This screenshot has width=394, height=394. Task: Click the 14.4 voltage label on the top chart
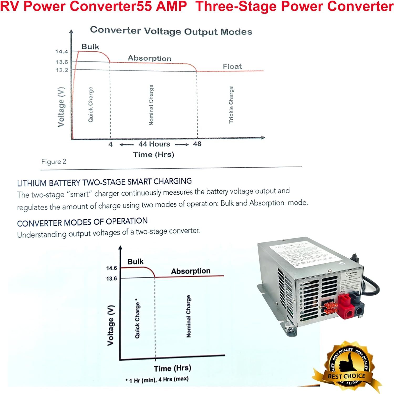point(61,51)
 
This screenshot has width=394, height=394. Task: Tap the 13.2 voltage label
point(61,70)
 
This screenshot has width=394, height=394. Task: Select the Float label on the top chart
point(232,66)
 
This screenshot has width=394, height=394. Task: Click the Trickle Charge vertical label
point(231,105)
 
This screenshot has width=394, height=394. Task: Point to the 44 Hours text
point(154,144)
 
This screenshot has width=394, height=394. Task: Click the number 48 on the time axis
point(197,144)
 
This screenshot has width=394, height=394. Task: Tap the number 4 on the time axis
point(111,144)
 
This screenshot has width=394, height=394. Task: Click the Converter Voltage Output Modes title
point(171,31)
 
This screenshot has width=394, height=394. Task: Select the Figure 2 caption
point(54,162)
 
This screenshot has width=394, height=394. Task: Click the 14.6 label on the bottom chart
point(111,268)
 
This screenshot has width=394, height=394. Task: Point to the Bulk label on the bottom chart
point(135,262)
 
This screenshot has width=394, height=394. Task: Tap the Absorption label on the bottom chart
point(191,271)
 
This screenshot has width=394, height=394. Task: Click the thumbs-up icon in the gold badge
point(346,363)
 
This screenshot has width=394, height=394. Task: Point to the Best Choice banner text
point(346,376)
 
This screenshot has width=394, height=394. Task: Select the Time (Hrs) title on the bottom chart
point(172,368)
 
